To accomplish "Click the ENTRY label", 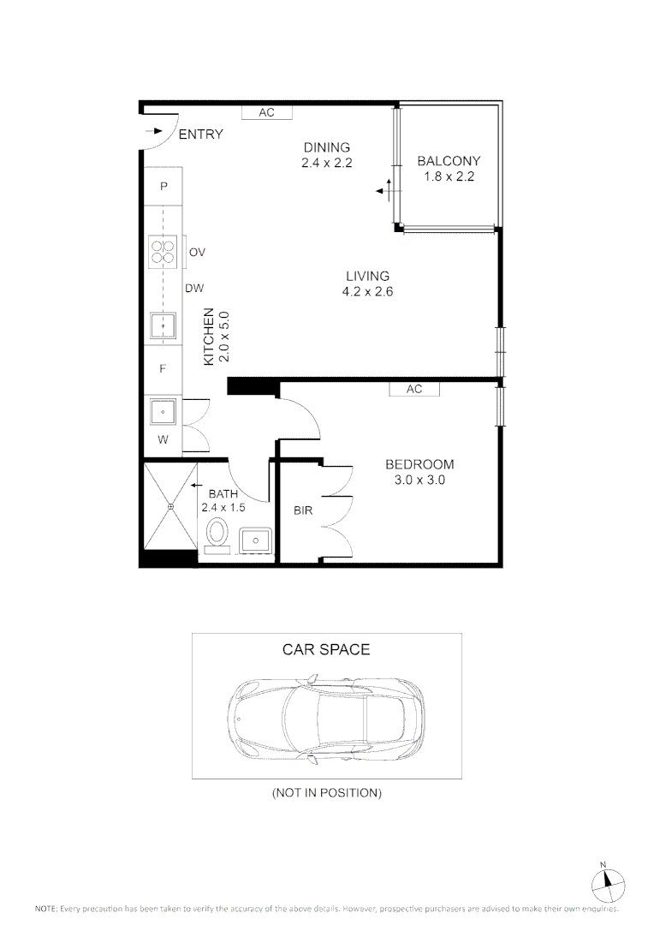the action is (x=200, y=134).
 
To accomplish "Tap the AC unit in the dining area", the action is (x=266, y=112).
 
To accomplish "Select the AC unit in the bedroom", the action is (x=414, y=389).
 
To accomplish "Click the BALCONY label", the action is (x=449, y=160).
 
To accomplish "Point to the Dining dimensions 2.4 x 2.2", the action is (x=327, y=163).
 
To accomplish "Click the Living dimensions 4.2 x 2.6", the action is (x=367, y=291).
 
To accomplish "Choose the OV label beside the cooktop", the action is (x=197, y=253).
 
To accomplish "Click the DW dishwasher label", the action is (x=194, y=289).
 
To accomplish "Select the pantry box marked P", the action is (x=163, y=187).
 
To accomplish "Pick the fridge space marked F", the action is (x=163, y=368).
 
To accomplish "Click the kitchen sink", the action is (x=163, y=325).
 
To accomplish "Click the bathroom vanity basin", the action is (x=255, y=540).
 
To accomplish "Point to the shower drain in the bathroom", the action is (x=170, y=507).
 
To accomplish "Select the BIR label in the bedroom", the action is (x=303, y=510).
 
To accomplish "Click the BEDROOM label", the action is (x=419, y=464).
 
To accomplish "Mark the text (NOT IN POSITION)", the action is (x=327, y=793).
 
